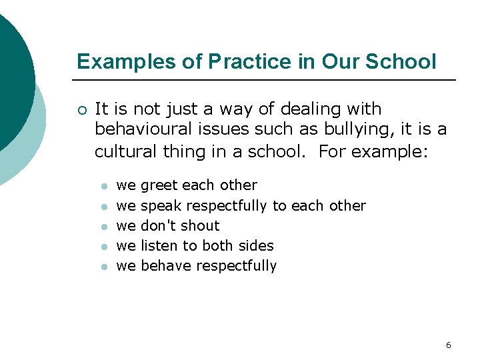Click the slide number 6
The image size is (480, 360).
[x=448, y=345]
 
